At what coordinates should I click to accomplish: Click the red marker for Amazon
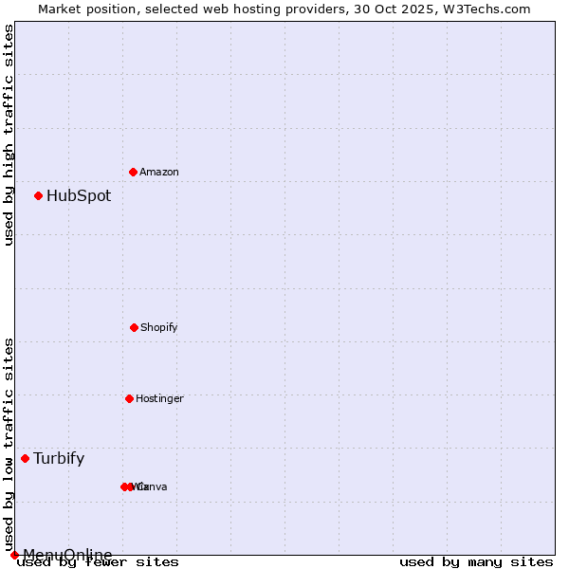[x=133, y=172]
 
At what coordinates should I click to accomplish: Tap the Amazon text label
[x=159, y=172]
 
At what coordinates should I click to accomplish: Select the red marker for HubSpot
[x=38, y=196]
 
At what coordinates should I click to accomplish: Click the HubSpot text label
[x=79, y=196]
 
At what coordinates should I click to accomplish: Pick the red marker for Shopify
[x=134, y=327]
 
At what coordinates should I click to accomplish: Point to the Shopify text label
[x=159, y=327]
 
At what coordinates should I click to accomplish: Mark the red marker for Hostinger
[x=129, y=398]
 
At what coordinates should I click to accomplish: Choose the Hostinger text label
[x=159, y=398]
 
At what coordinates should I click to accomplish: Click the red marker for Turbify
[x=25, y=459]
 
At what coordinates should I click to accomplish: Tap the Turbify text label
[x=59, y=459]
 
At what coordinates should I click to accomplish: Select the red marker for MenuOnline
[x=14, y=555]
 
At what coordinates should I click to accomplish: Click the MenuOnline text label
[x=67, y=555]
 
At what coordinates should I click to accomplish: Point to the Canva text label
[x=152, y=486]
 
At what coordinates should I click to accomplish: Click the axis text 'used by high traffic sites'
[x=9, y=135]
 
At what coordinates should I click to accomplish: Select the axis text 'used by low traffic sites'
[x=9, y=444]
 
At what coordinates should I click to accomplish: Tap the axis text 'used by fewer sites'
[x=99, y=562]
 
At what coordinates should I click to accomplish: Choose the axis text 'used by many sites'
[x=476, y=562]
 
